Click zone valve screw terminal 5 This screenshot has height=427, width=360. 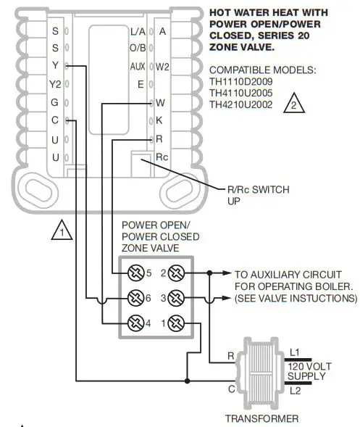pyautogui.click(x=135, y=273)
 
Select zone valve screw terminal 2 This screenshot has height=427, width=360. pyautogui.click(x=175, y=273)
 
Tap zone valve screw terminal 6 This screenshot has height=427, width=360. pyautogui.click(x=135, y=298)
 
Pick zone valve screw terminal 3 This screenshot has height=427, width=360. pyautogui.click(x=175, y=298)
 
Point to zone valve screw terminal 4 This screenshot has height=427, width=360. pyautogui.click(x=135, y=323)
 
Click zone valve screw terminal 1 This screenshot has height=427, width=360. pyautogui.click(x=175, y=323)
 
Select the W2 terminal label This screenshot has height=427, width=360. pyautogui.click(x=163, y=67)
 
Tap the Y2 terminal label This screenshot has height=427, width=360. pyautogui.click(x=55, y=85)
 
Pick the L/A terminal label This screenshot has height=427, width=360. pyautogui.click(x=137, y=31)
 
